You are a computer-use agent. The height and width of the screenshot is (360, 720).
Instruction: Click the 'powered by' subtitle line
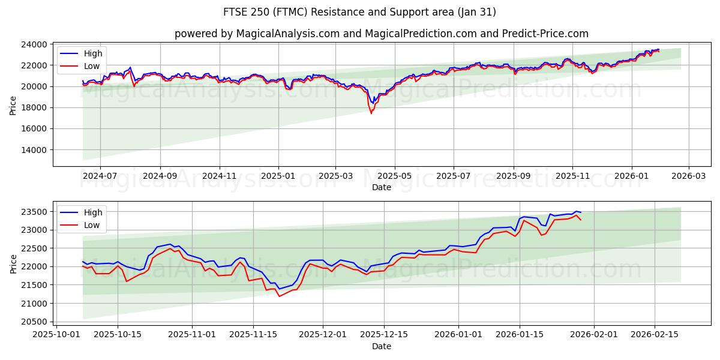pos(382,34)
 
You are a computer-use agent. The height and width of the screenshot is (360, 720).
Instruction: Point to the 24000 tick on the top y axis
pos(35,44)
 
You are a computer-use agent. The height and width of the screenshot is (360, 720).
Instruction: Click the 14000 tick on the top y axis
pos(35,150)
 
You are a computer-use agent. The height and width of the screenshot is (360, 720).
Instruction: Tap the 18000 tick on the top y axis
pos(35,108)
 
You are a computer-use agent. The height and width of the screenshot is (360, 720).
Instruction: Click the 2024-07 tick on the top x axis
pos(100,176)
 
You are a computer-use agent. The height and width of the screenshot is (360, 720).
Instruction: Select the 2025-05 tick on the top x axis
pos(395,176)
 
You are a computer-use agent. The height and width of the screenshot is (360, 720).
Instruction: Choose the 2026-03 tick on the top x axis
pos(688,176)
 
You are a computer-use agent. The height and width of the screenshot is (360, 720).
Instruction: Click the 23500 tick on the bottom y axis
pos(35,212)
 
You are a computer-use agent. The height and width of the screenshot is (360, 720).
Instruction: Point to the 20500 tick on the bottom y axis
pos(35,322)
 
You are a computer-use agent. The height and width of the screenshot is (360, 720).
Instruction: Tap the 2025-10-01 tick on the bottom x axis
pos(57,335)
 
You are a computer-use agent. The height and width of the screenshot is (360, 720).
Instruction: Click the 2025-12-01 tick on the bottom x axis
pos(323,335)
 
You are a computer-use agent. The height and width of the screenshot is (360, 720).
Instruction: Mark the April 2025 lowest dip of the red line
pos(371,113)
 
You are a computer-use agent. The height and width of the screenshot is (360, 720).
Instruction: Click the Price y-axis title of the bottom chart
pos(13,263)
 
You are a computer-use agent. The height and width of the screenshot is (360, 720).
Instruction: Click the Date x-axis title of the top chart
pos(382,187)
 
